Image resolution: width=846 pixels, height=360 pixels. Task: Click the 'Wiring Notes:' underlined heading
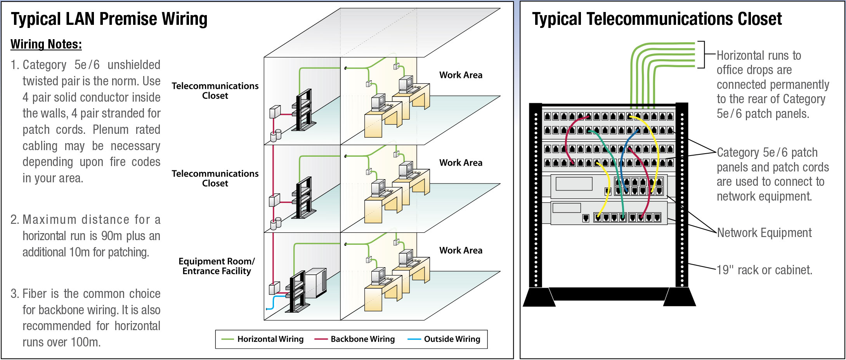[x=46, y=44]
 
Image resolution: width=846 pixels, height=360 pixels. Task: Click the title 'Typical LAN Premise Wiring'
[x=109, y=19]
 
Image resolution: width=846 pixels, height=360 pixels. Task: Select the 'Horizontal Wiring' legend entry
[x=270, y=339]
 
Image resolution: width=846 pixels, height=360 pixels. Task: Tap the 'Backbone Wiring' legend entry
[x=362, y=339]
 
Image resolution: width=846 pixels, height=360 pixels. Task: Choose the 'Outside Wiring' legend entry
[x=452, y=339]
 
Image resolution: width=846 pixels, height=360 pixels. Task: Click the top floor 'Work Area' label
[x=461, y=75]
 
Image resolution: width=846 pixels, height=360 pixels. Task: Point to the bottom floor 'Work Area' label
[x=461, y=250]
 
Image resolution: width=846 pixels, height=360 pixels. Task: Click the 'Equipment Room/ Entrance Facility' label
[x=217, y=266]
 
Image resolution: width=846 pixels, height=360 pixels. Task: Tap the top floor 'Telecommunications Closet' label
[x=215, y=90]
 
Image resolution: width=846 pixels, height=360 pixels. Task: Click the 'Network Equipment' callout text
[x=764, y=233]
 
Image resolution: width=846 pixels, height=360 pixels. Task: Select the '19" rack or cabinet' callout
[x=764, y=270]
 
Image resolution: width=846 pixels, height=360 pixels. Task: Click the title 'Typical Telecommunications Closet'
[x=657, y=19]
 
